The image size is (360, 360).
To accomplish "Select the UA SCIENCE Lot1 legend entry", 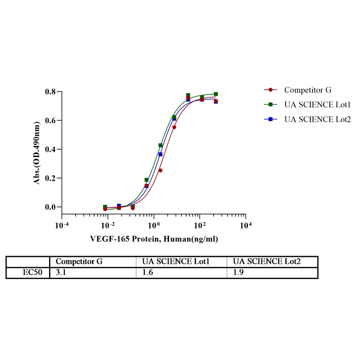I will coord(317,104).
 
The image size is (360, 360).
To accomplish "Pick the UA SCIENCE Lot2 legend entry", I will coord(317,119).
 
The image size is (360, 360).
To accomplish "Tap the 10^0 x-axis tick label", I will coord(154,226).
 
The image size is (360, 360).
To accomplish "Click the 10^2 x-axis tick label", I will coord(200,226).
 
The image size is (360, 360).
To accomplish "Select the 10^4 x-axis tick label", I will coord(246,226).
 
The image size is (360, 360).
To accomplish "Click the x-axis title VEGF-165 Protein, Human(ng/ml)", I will coord(154,239).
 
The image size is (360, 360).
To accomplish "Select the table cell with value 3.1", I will coord(61,273).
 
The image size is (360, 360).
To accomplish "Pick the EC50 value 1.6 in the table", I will coord(148,273).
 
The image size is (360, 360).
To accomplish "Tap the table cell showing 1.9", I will coord(239,273).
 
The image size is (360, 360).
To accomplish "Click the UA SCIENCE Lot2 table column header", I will coord(267,262).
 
